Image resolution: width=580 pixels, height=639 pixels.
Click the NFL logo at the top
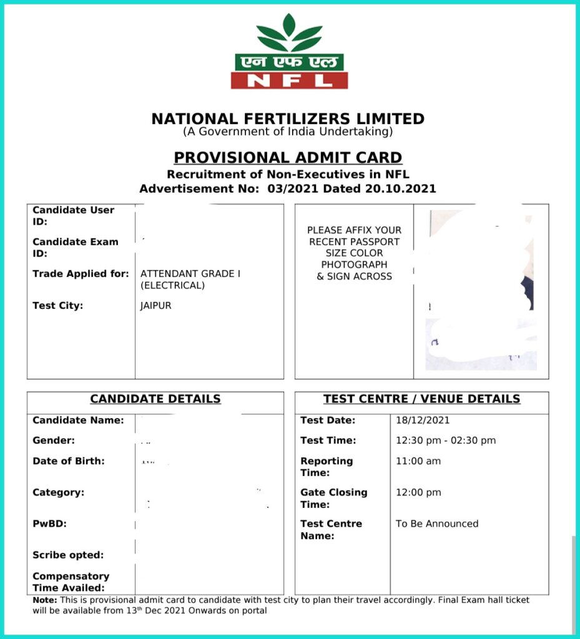click(289, 52)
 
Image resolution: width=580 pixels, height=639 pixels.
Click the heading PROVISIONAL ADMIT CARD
click(288, 158)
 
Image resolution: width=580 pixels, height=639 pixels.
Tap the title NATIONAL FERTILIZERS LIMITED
click(288, 119)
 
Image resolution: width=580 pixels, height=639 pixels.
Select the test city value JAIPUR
click(156, 306)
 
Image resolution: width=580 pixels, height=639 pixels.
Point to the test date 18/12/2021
click(423, 420)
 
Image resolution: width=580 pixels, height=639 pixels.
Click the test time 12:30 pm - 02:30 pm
click(446, 441)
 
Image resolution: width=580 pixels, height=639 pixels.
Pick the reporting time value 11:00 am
click(418, 461)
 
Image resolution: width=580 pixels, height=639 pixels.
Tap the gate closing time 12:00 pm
click(418, 492)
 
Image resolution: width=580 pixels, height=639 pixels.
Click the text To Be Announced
click(437, 524)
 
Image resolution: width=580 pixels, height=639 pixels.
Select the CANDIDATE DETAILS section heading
click(155, 399)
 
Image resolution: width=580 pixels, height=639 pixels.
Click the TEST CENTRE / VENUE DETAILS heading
click(421, 399)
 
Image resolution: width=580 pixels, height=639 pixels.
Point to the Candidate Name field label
click(78, 420)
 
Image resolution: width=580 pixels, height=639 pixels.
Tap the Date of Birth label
click(69, 461)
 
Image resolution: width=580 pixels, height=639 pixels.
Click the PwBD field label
click(49, 524)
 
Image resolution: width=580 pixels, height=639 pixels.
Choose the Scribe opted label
click(68, 555)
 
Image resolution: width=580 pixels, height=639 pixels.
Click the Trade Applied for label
click(81, 273)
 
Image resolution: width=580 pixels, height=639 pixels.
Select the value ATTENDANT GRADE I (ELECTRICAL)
click(190, 280)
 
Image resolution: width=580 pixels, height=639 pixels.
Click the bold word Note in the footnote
click(44, 600)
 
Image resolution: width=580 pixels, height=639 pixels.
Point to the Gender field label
click(53, 441)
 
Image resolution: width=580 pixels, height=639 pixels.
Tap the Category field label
click(58, 492)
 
